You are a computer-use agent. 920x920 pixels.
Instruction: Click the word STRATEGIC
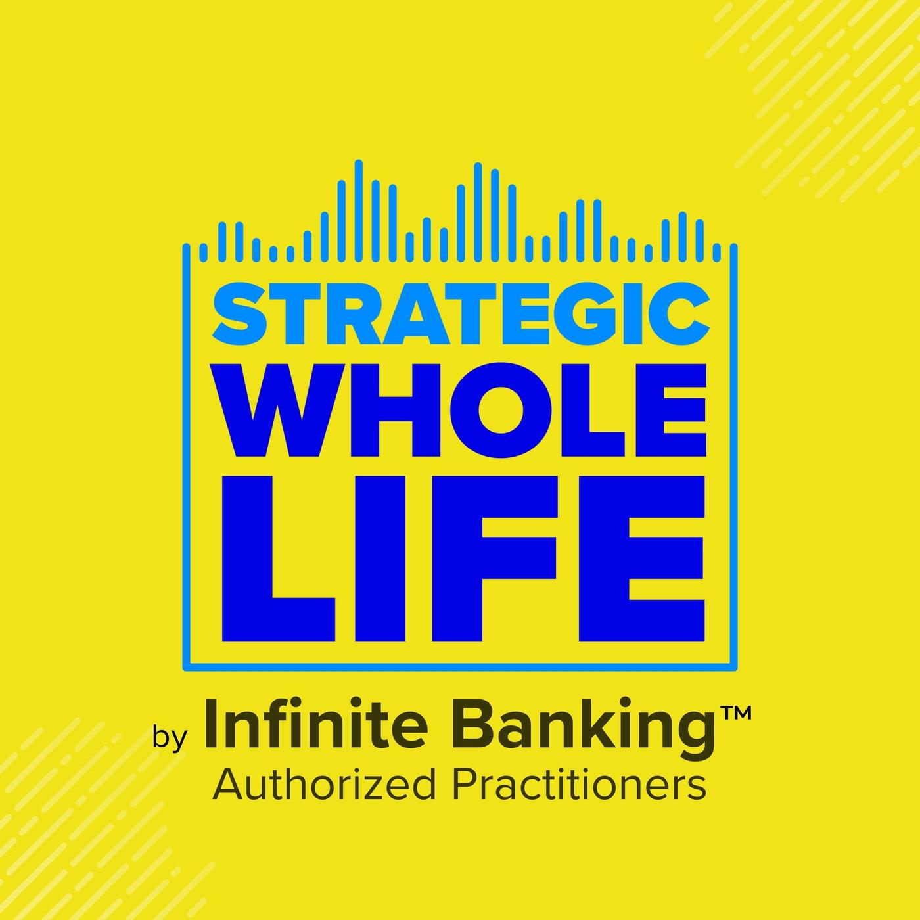[x=461, y=313]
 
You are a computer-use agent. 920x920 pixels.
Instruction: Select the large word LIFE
[x=463, y=559]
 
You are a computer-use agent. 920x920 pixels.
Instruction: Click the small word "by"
[x=170, y=738]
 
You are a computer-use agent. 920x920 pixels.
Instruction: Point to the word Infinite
[x=315, y=724]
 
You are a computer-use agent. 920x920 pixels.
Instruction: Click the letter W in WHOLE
[x=281, y=409]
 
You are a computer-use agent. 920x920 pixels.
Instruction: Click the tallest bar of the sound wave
[x=359, y=210]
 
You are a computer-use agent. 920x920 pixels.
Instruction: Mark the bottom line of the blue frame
[x=460, y=666]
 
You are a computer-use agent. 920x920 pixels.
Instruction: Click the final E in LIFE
[x=641, y=559]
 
